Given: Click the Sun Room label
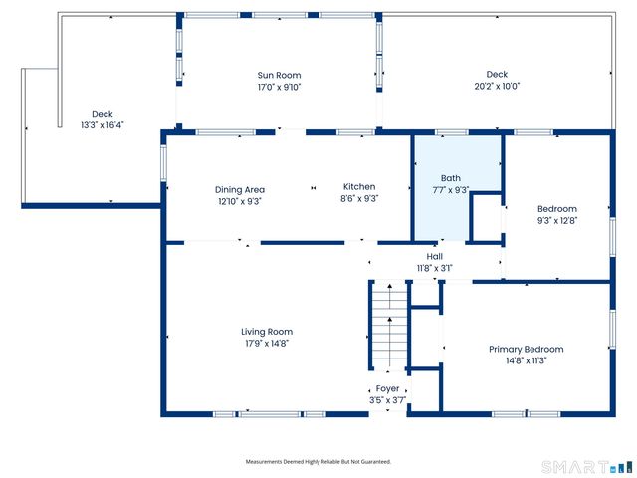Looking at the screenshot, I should click(279, 75).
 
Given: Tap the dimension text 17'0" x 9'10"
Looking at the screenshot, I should click(279, 86).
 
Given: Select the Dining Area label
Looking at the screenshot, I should click(240, 188).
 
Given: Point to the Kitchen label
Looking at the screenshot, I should click(359, 186).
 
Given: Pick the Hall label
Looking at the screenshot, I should click(434, 256).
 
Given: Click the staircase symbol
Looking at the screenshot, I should click(389, 327).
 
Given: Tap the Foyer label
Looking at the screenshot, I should click(387, 389).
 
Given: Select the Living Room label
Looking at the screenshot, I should click(266, 332).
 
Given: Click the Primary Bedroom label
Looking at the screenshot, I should click(526, 349).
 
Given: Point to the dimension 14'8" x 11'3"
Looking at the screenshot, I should click(526, 360).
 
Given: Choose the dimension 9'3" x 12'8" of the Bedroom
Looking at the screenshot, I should click(557, 220).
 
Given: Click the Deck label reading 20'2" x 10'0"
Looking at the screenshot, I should click(497, 86).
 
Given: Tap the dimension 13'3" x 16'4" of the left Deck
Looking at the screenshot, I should click(103, 124).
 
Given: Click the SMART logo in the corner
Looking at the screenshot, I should click(585, 466).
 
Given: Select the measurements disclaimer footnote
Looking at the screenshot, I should click(318, 462).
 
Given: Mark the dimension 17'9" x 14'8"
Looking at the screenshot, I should click(266, 344).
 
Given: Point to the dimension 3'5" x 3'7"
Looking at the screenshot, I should click(387, 400).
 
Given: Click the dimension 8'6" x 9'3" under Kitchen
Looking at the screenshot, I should click(359, 198).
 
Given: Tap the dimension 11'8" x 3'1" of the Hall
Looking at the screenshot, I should click(434, 268).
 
